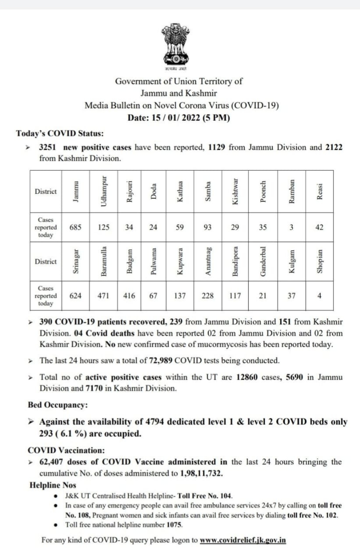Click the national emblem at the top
(x=176, y=46)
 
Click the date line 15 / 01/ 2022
(x=179, y=118)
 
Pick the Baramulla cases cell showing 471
(x=104, y=296)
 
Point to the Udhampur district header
(x=104, y=192)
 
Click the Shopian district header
(x=319, y=261)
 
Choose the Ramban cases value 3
(x=291, y=227)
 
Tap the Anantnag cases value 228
(x=208, y=296)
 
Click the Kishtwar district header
(x=235, y=192)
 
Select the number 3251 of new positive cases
(x=48, y=147)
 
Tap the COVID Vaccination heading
(x=66, y=450)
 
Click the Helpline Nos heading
(x=53, y=485)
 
